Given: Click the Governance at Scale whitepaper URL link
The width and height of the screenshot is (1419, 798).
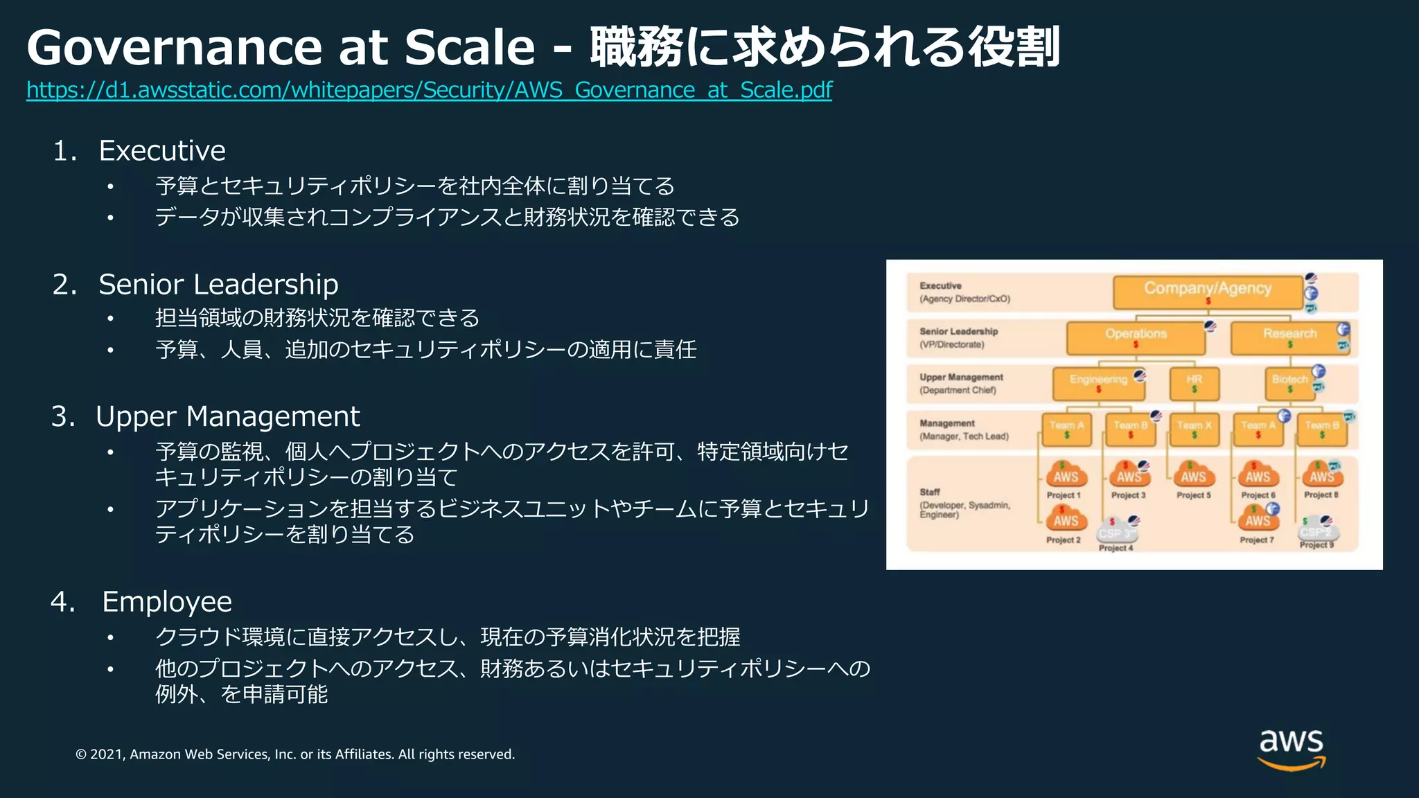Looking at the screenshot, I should pos(429,90).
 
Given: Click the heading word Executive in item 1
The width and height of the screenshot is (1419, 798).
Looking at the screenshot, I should pos(162,151).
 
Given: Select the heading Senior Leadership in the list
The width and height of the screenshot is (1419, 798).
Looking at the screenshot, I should pos(218,285).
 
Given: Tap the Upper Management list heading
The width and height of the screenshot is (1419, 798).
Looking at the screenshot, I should pos(227,417).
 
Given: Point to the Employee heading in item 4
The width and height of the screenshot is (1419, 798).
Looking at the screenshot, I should pos(167,602).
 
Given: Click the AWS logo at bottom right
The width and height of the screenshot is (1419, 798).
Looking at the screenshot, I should pos(1291,747).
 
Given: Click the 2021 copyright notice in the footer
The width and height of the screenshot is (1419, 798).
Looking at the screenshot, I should pos(295,754).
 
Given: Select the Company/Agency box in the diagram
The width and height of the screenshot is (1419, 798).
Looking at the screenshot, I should pos(1207,292).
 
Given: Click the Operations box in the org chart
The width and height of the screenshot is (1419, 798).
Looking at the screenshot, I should pos(1135,337).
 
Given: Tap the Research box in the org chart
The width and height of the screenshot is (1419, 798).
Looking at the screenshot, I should pos(1289,337).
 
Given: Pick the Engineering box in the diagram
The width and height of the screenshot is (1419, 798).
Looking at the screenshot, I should pos(1098,383).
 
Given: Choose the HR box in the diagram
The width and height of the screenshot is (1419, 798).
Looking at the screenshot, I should pos(1194,383).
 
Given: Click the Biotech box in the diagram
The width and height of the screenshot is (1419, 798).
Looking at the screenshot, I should pos(1289,383).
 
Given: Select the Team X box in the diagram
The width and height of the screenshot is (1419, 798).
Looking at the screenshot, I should pos(1194,429).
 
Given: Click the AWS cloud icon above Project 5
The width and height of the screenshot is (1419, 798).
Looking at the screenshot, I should pos(1193,476).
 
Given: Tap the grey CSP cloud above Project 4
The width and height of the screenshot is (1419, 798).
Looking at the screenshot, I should pos(1116,532).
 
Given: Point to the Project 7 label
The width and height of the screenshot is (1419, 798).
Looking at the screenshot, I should pos(1256,540).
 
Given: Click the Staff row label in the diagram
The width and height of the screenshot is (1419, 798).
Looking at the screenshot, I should pos(930,492).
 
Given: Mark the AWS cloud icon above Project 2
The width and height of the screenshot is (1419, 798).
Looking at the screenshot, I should pos(1066,520).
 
